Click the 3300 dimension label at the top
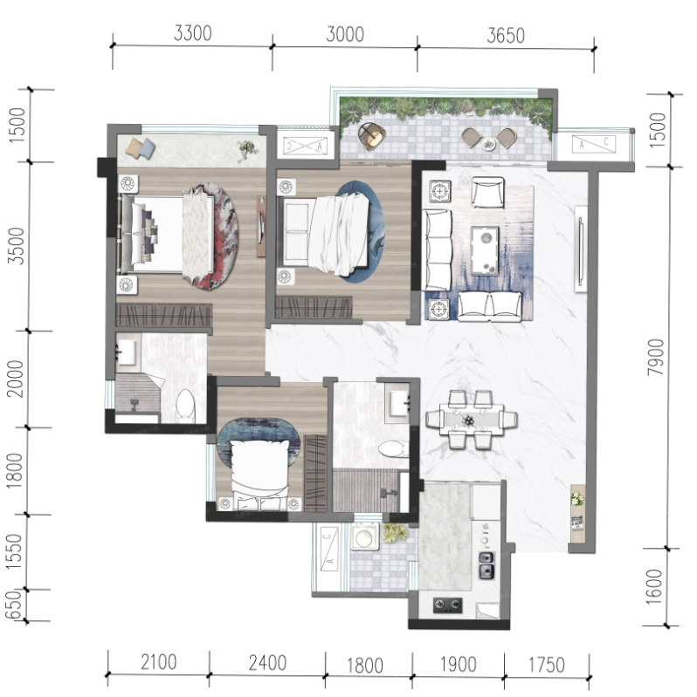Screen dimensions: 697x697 [192, 33]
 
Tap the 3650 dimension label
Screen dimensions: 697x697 [506, 36]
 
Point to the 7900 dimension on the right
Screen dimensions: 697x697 [656, 357]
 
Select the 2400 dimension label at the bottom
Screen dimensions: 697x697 [267, 663]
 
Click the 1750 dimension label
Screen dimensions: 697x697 [546, 666]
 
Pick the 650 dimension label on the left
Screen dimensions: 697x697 [13, 605]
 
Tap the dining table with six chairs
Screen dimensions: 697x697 [472, 420]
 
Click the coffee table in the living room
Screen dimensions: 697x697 [485, 249]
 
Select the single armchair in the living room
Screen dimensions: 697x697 [487, 192]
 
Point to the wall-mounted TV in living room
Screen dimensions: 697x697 [580, 249]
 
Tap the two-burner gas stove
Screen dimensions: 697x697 [448, 605]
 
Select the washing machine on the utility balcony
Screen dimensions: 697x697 [365, 537]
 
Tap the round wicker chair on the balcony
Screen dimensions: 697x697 [372, 135]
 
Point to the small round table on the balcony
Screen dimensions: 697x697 [489, 144]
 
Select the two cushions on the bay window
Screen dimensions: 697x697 [141, 148]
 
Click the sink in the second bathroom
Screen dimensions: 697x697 [399, 404]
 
